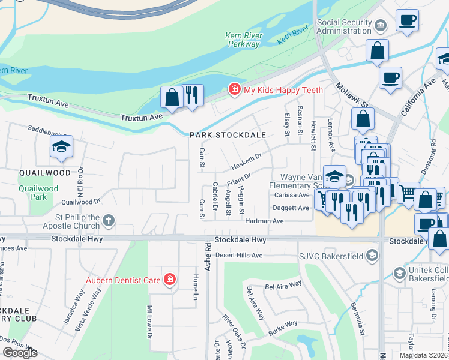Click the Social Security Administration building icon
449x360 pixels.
pos(381,26)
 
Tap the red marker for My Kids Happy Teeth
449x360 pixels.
pos(233,90)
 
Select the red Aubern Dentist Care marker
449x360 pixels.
pos(170,280)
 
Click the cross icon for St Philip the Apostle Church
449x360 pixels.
pos(109,221)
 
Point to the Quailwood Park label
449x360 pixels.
pos(38,193)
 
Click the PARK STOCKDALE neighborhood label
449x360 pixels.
pos(228,136)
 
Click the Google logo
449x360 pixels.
pos(20,352)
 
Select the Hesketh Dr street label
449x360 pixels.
pos(247,158)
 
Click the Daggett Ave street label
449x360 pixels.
pos(292,208)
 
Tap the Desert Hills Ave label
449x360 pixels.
pos(239,255)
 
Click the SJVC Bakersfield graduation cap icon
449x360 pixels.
pos(372,256)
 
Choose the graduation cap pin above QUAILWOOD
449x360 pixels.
pos(61,147)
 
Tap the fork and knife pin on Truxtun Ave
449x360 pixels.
pos(192,95)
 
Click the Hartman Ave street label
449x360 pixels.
pos(264,221)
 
